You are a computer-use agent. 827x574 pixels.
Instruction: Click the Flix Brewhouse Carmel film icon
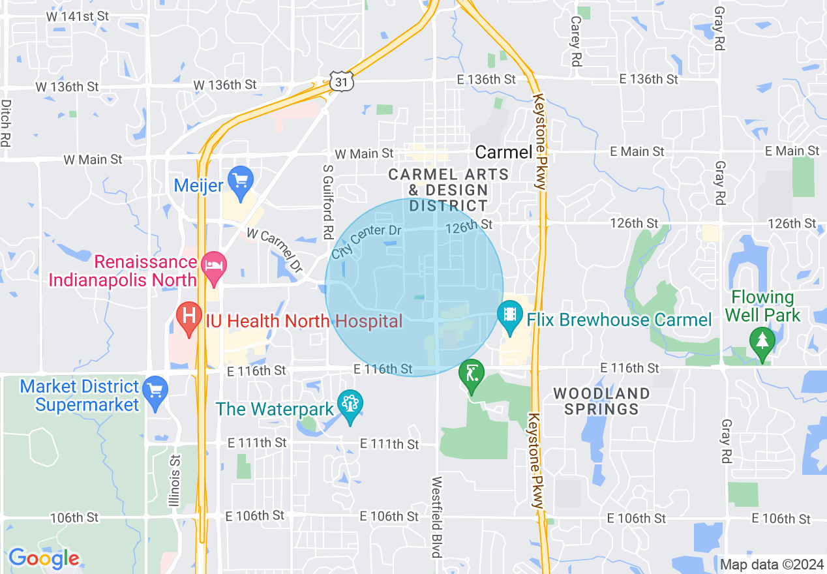[509, 316]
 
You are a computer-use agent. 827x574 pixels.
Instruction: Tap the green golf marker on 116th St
[471, 376]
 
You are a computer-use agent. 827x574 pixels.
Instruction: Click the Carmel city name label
[504, 153]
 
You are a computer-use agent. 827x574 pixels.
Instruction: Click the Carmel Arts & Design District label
[449, 190]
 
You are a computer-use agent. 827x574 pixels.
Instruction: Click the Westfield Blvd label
[436, 517]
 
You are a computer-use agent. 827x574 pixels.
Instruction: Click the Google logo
[44, 558]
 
